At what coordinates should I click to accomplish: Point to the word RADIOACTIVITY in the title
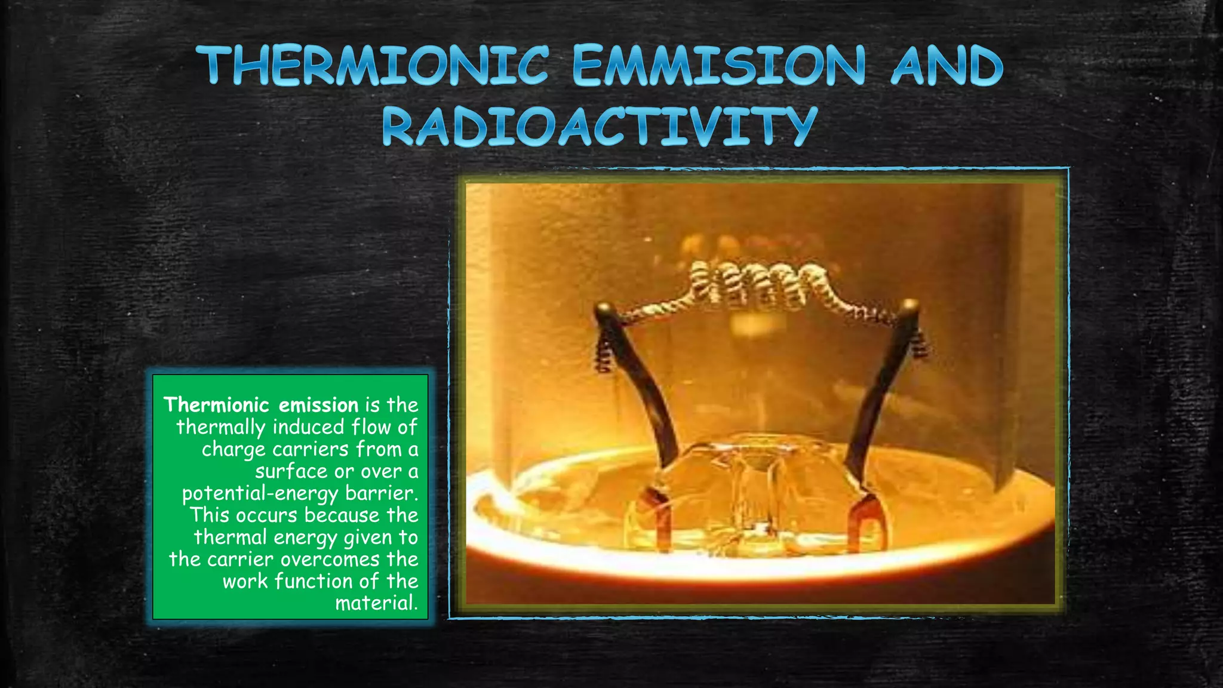599,127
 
